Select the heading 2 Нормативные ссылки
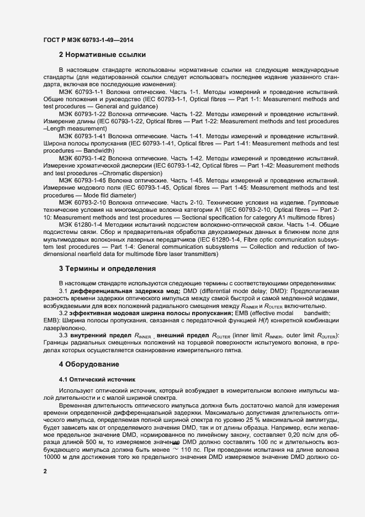coord(102,55)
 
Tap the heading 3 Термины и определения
coord(107,269)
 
